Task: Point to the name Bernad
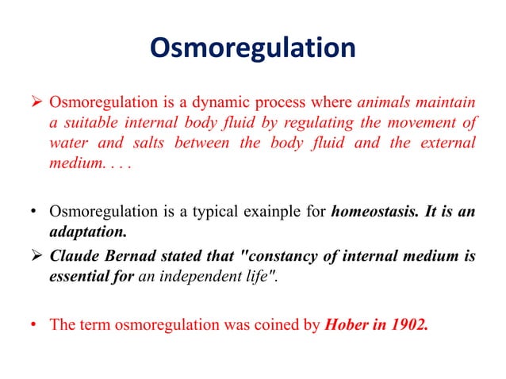(131, 255)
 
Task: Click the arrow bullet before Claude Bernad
(36, 255)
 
